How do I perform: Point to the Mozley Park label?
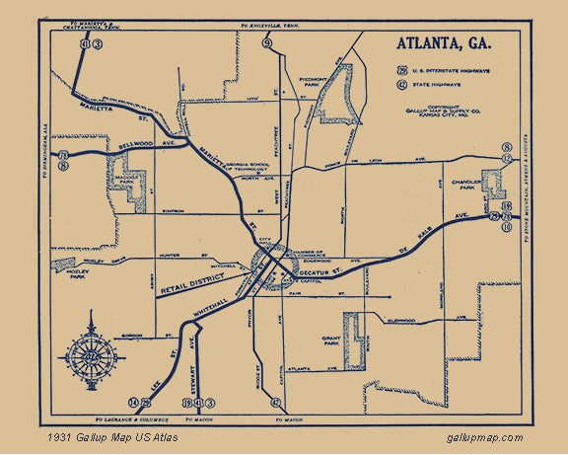pyautogui.click(x=73, y=273)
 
